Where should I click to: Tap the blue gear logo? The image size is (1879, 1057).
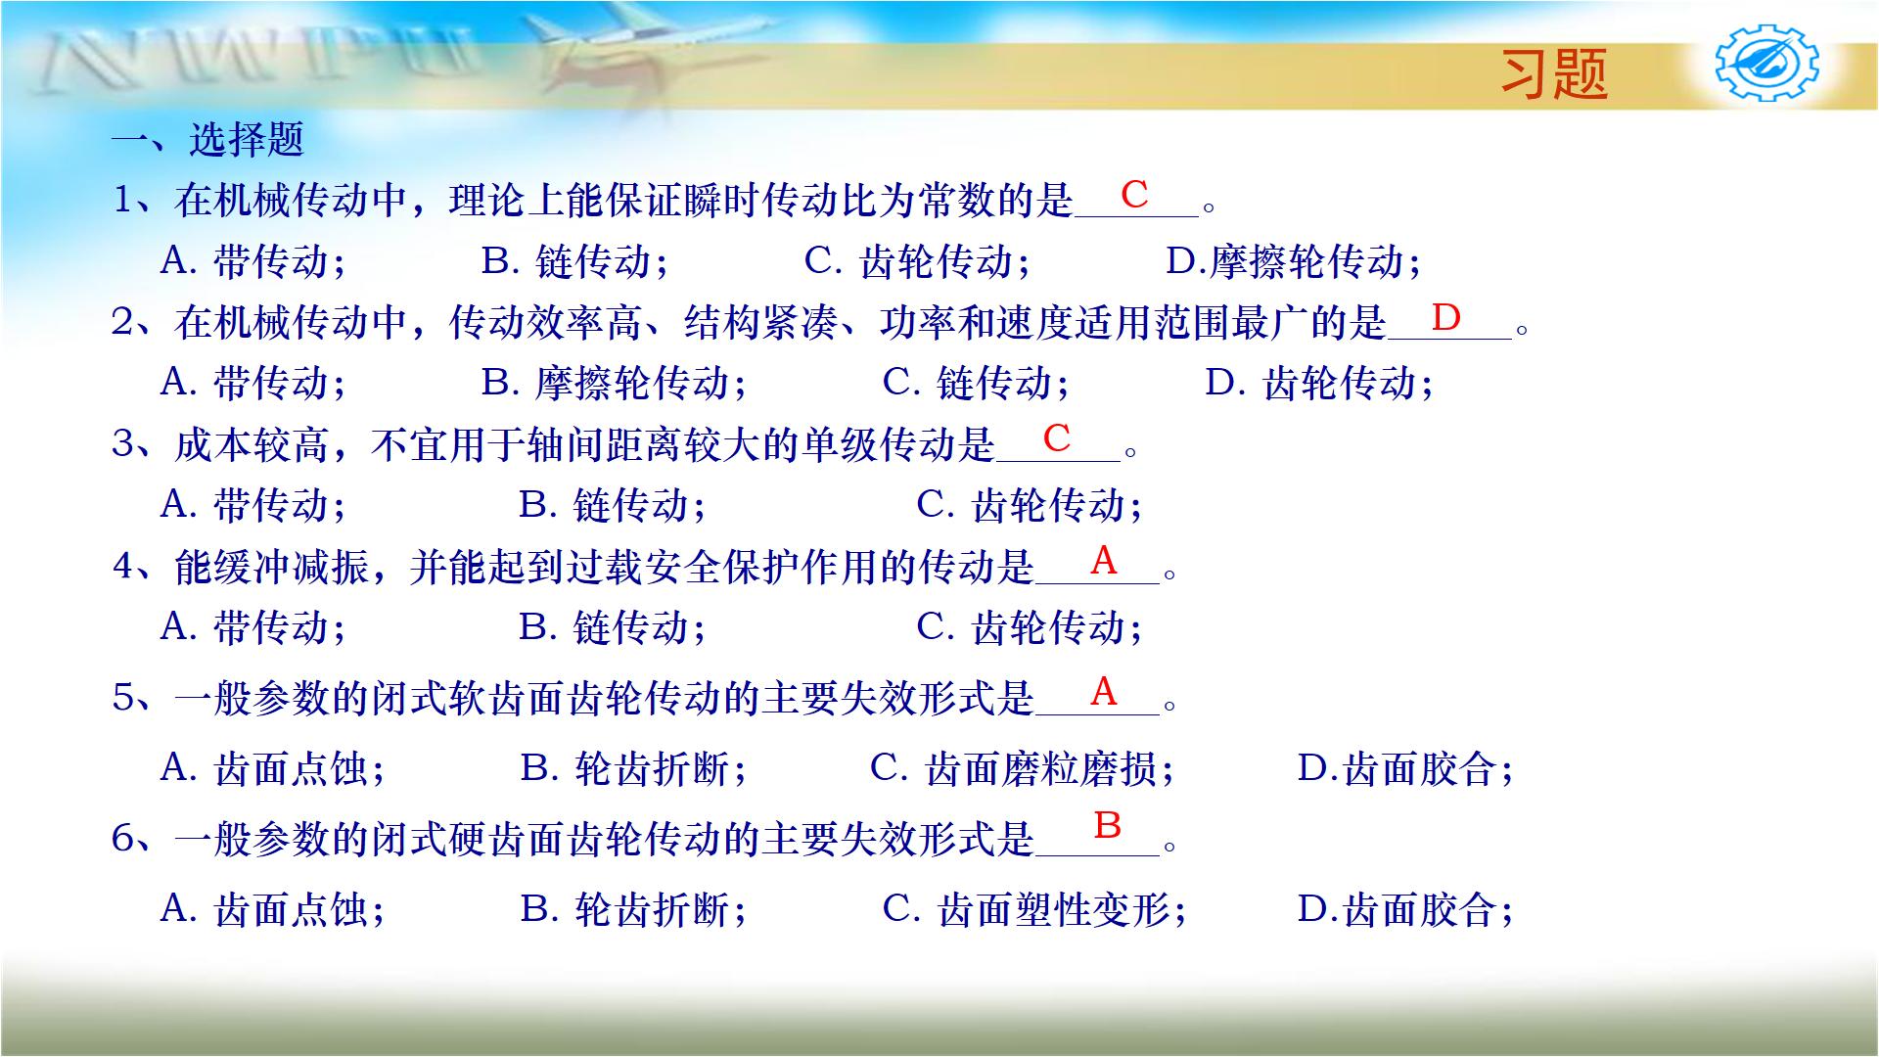pos(1767,64)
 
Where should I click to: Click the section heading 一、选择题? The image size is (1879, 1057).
pos(207,140)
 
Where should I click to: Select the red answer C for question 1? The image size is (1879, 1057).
pos(1134,195)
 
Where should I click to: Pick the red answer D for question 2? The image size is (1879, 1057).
pos(1445,317)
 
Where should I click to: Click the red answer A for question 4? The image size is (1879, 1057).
pos(1103,560)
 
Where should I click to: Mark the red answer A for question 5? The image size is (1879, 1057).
pos(1103,691)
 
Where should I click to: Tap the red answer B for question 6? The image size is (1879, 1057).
pos(1107,825)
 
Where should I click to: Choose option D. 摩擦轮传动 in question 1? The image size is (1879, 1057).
pos(1293,261)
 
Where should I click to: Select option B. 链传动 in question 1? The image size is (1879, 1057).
pos(574,261)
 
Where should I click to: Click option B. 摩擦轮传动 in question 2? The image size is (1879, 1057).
pos(614,383)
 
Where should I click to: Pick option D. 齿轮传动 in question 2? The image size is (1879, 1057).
pos(1319,383)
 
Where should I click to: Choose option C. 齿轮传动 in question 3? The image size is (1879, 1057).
pos(1030,505)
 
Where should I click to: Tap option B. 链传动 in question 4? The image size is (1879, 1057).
pos(612,627)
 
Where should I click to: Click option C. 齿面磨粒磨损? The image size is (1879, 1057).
pos(1022,769)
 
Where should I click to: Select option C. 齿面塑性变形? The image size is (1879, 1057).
pos(1034,910)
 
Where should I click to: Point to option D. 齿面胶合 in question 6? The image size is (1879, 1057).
pos(1405,910)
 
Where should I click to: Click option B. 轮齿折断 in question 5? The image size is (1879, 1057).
pos(633,769)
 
